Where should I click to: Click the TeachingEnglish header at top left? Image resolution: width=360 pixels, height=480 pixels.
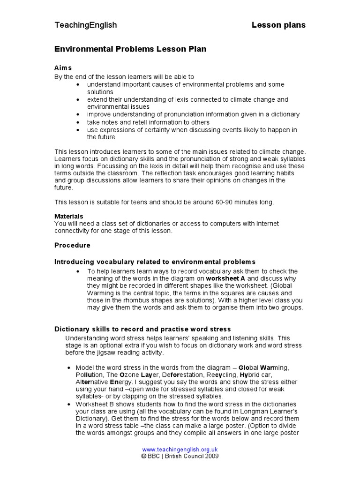[86, 25]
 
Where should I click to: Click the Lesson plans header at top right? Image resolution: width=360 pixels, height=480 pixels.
[278, 25]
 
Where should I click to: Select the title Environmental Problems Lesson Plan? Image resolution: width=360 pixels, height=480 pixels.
[130, 49]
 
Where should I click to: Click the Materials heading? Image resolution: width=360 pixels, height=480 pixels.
[69, 217]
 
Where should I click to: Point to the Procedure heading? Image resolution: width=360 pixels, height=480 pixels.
[72, 245]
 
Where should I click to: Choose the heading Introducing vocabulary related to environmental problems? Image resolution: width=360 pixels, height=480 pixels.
[155, 262]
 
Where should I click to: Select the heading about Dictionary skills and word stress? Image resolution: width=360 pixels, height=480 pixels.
[142, 330]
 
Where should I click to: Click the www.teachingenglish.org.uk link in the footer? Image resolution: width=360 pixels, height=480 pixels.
[180, 449]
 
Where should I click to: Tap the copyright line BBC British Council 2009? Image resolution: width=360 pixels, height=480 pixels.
[180, 456]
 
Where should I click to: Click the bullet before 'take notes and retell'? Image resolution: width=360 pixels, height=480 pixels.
[77, 122]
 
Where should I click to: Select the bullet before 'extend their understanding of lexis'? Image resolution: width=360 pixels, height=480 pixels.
[77, 100]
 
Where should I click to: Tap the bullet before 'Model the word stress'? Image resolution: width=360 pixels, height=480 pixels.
[69, 367]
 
